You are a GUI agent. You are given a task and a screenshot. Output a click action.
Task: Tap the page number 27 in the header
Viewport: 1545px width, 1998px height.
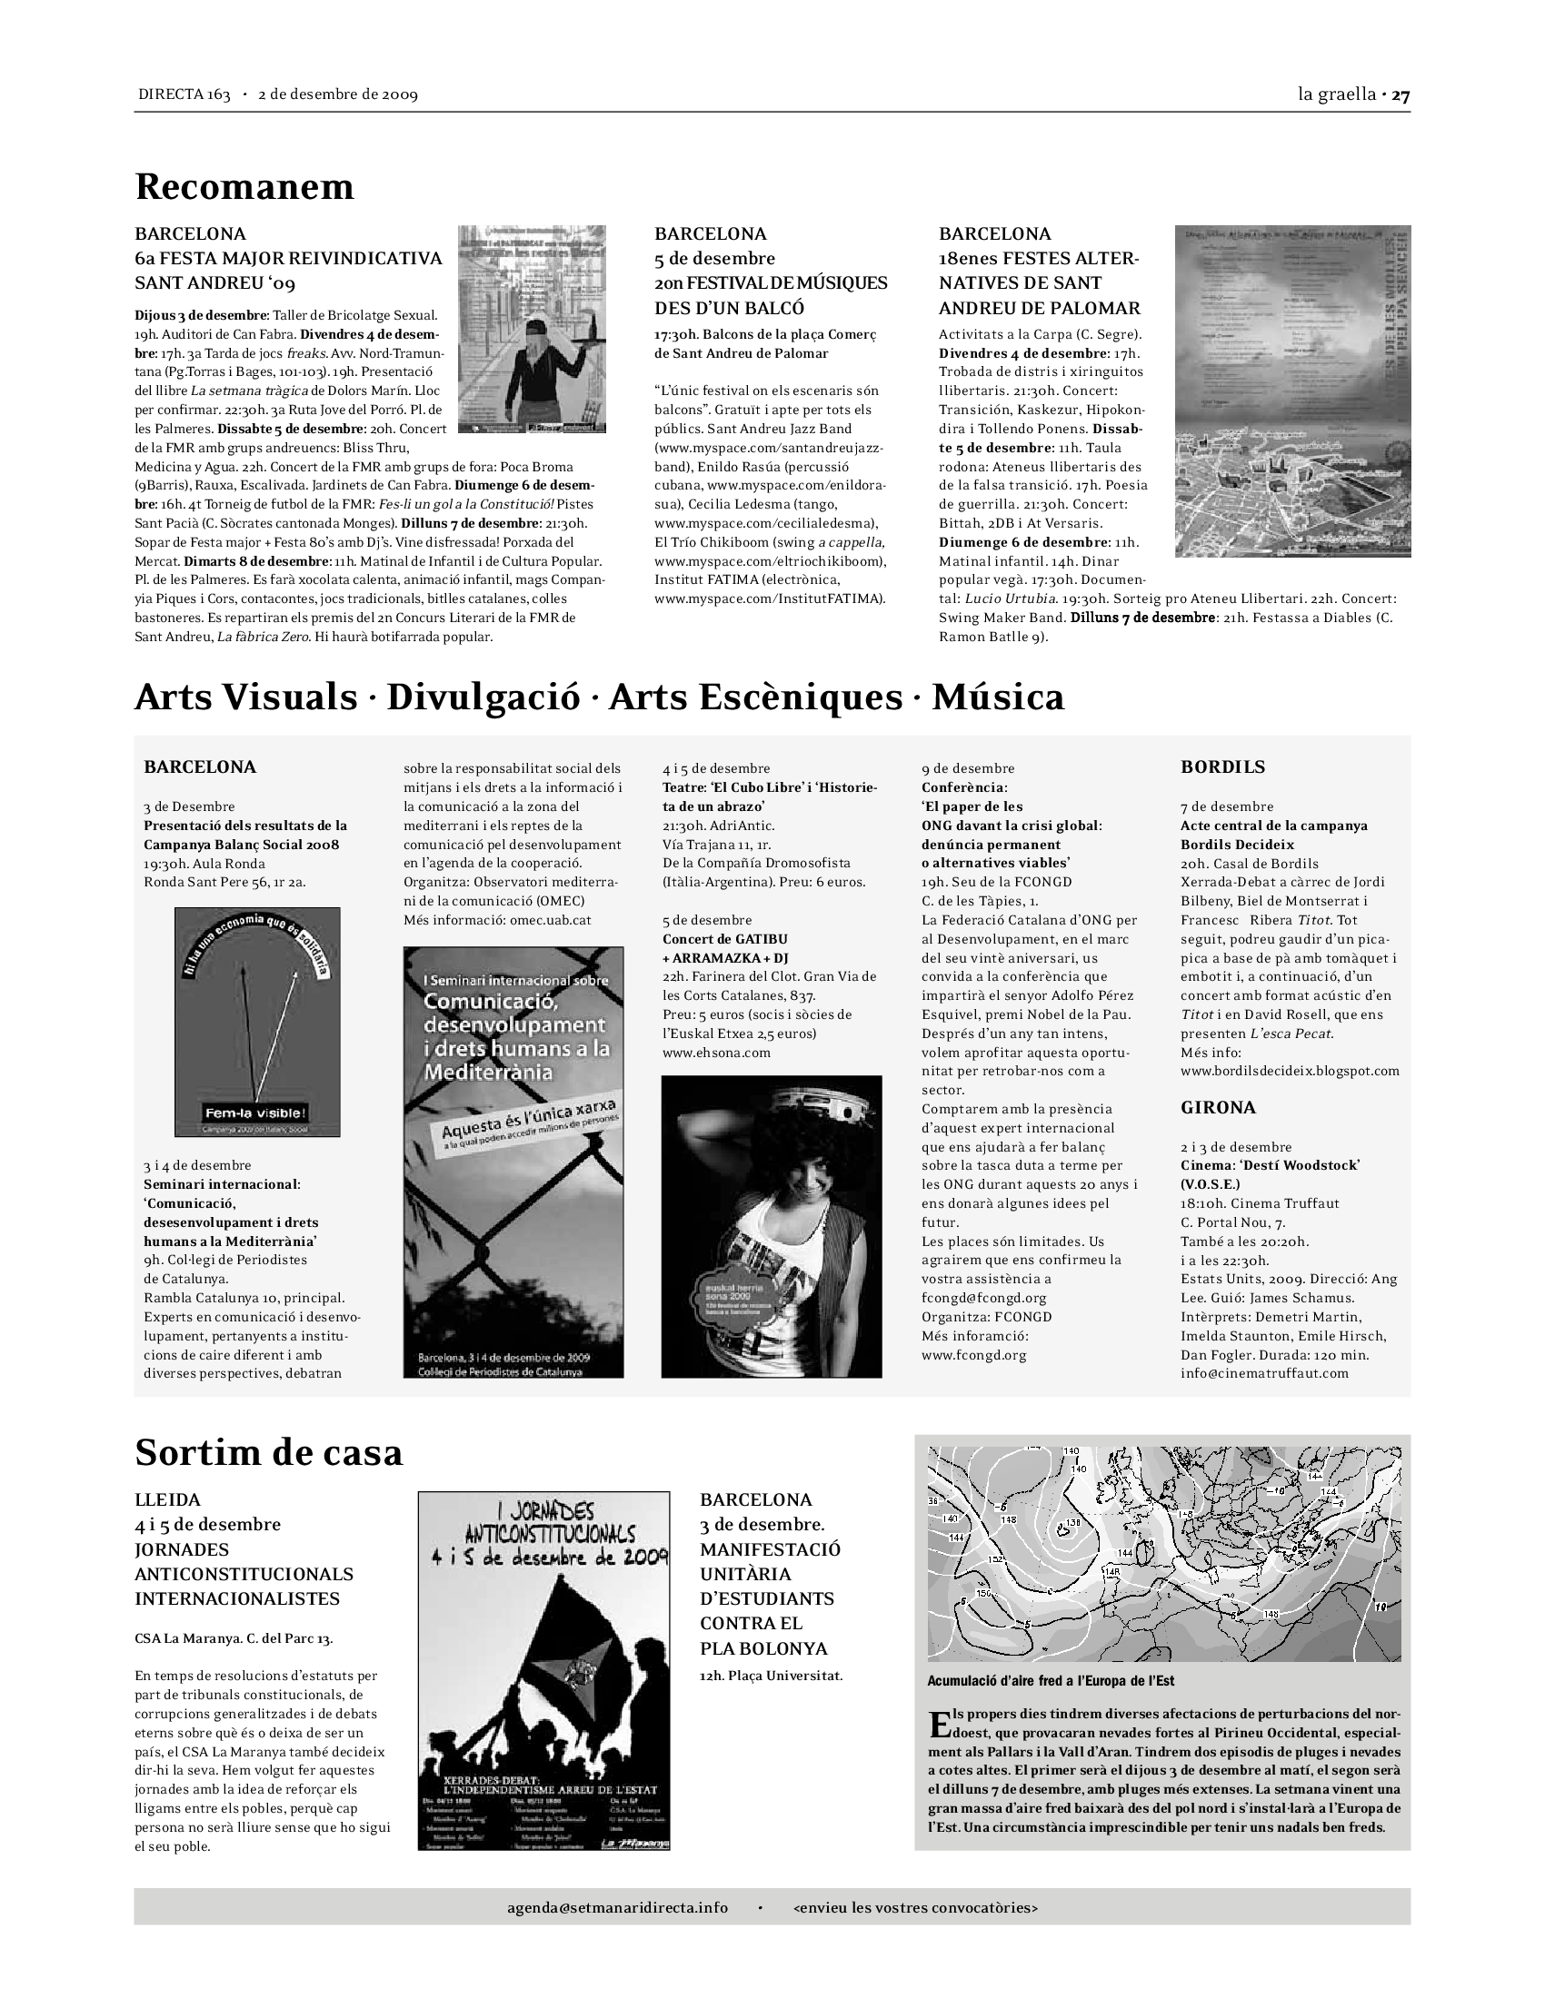pyautogui.click(x=1401, y=94)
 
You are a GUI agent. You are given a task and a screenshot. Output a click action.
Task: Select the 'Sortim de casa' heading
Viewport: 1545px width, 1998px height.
pyautogui.click(x=268, y=1452)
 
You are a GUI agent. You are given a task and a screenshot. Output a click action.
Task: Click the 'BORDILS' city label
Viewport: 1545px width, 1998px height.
pyautogui.click(x=1222, y=767)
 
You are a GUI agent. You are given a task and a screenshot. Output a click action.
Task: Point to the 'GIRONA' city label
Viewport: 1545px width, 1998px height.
pyautogui.click(x=1218, y=1107)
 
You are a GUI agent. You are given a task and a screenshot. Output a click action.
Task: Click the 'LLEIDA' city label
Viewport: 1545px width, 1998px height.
pyautogui.click(x=167, y=1499)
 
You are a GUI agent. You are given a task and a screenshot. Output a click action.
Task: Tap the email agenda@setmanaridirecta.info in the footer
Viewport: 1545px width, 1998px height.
pyautogui.click(x=618, y=1907)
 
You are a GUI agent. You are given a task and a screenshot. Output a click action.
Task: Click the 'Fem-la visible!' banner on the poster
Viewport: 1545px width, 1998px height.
pyautogui.click(x=256, y=1113)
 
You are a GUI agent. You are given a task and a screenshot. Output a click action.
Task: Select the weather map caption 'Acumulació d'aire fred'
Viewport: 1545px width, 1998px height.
pyautogui.click(x=1051, y=1680)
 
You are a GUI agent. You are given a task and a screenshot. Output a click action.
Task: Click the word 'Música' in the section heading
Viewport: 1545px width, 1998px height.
pyautogui.click(x=998, y=697)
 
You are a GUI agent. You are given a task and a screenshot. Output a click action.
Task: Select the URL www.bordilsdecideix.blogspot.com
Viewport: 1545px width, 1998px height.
pyautogui.click(x=1290, y=1071)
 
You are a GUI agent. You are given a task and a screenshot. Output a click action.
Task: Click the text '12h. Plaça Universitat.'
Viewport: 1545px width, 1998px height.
pyautogui.click(x=771, y=1676)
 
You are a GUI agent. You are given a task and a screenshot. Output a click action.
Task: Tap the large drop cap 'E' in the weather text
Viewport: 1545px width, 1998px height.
pyautogui.click(x=939, y=1726)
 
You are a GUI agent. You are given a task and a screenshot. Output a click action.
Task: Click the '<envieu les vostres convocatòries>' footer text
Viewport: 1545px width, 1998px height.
pyautogui.click(x=915, y=1907)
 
